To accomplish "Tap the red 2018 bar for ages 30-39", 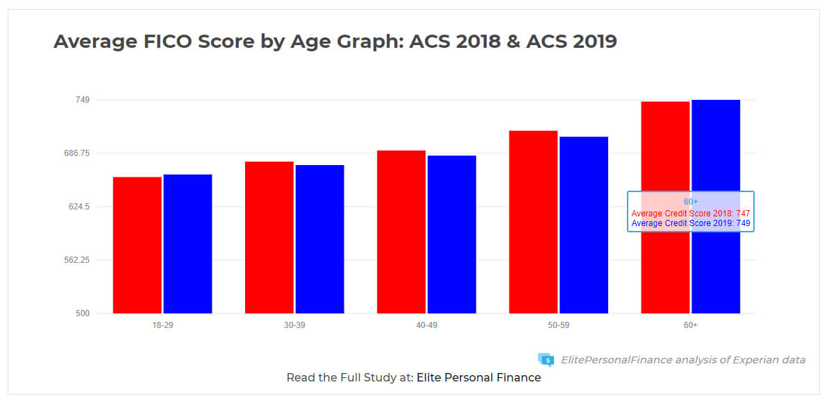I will [269, 237].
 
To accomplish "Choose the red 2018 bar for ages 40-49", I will [401, 232].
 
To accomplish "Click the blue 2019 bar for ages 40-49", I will [451, 234].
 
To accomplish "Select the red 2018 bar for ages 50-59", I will [532, 222].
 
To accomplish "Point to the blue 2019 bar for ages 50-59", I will [583, 225].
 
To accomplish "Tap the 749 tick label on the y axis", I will [83, 100].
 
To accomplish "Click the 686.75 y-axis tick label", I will [77, 153].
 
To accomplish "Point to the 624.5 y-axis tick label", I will [80, 207].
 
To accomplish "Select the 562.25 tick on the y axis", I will [77, 260].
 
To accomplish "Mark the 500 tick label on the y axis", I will [83, 313].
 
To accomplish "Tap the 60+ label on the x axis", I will [690, 325].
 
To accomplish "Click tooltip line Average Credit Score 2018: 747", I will [691, 214].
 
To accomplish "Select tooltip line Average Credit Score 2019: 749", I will [691, 223].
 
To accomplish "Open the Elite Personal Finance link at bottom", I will [478, 378].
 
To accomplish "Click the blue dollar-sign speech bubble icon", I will [546, 359].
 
